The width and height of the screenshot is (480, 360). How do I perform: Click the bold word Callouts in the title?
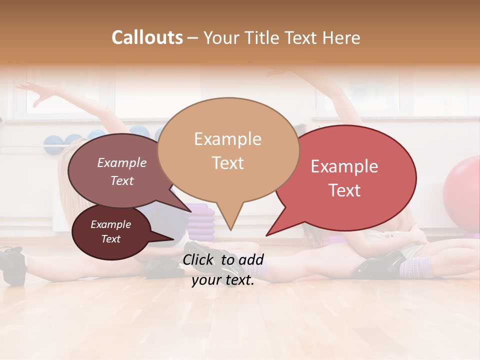coord(147,37)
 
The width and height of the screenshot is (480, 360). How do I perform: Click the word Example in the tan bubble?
coord(227,139)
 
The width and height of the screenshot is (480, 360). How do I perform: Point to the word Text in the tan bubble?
coord(227,163)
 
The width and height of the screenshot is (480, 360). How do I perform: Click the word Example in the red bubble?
coord(344,166)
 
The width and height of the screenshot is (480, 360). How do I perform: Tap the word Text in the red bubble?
coord(344,190)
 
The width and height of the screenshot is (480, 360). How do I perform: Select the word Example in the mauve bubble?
coord(122,163)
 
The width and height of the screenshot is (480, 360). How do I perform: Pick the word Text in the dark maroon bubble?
coord(110,239)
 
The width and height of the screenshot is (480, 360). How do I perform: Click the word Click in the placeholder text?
coord(200,259)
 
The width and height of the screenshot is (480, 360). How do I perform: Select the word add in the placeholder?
coord(251,259)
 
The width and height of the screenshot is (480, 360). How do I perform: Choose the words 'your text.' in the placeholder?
coord(223,280)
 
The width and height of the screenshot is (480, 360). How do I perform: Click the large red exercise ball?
coord(462,190)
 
